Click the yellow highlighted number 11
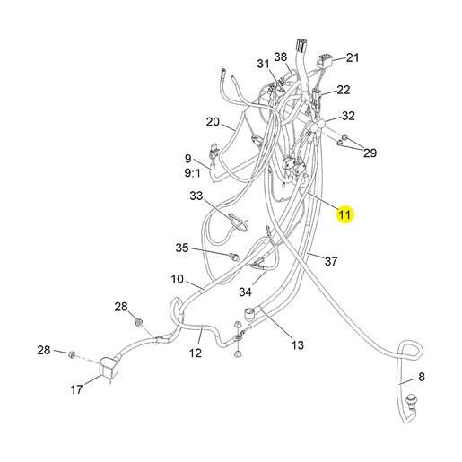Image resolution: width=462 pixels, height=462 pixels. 344,214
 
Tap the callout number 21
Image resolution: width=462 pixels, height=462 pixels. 353,57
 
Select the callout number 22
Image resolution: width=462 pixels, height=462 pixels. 344,90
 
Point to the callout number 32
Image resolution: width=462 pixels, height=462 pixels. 348,116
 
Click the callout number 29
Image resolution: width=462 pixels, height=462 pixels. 370,153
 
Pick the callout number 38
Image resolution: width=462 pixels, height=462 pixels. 280,57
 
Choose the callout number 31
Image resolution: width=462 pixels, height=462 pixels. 264,64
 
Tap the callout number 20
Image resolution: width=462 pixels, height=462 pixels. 213,122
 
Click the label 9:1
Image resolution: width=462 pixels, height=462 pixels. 193,173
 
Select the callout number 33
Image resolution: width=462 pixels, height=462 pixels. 196,196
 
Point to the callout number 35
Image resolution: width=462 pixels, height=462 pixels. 182,248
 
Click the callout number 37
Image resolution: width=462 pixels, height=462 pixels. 331,261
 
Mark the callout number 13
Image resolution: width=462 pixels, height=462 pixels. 298,345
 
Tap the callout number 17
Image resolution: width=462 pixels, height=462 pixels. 76,389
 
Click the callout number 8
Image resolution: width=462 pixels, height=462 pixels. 422,377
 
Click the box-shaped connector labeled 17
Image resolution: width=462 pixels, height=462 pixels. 109,368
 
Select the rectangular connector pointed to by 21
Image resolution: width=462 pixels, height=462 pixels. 325,61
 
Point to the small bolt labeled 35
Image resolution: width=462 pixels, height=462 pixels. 235,257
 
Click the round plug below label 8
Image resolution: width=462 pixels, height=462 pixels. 411,400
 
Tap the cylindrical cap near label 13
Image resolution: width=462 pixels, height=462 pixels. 249,314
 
